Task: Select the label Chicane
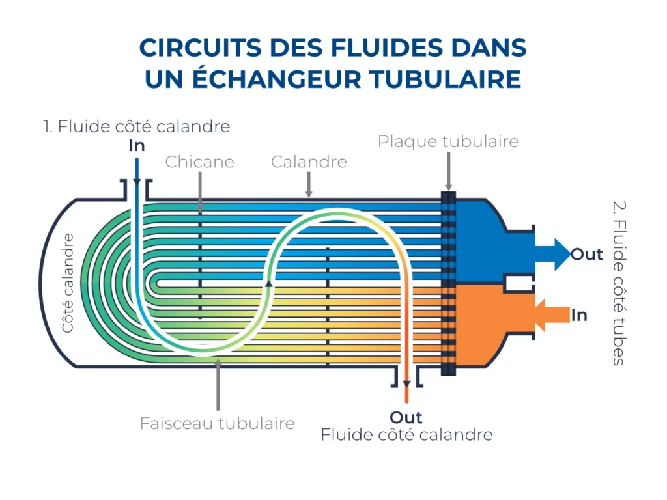pyautogui.click(x=199, y=161)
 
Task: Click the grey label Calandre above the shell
pyautogui.click(x=309, y=161)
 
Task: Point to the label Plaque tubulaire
pyautogui.click(x=448, y=141)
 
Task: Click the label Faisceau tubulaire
pyautogui.click(x=218, y=423)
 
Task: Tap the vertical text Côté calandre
pyautogui.click(x=67, y=283)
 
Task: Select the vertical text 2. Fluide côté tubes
pyautogui.click(x=619, y=283)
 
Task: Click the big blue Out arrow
pyautogui.click(x=552, y=255)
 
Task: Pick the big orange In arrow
pyautogui.click(x=552, y=315)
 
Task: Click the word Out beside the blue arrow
pyautogui.click(x=587, y=255)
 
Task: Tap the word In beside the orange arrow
pyautogui.click(x=579, y=315)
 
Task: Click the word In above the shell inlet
pyautogui.click(x=137, y=145)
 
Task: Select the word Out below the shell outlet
pyautogui.click(x=406, y=417)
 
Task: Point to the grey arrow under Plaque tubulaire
pyautogui.click(x=448, y=171)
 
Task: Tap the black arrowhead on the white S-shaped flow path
pyautogui.click(x=269, y=283)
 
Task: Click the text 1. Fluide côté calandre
pyautogui.click(x=137, y=126)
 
